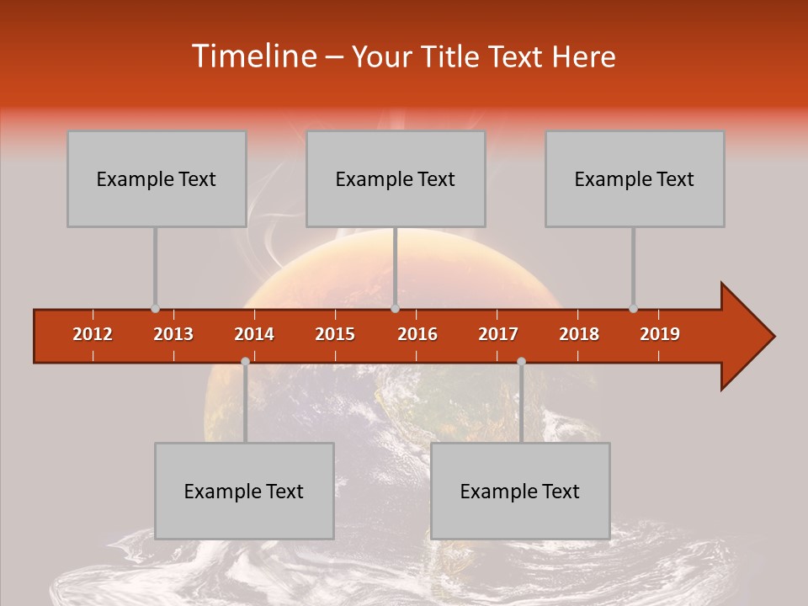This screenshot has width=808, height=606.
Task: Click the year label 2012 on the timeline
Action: [x=93, y=334]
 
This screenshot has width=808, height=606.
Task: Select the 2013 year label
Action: [x=173, y=334]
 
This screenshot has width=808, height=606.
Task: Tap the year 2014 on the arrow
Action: [x=254, y=334]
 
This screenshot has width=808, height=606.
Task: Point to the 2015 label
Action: [x=335, y=334]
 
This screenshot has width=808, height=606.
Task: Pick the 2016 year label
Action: [x=417, y=334]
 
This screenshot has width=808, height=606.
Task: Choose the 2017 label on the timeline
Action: [x=498, y=334]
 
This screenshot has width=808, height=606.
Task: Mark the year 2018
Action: [x=579, y=334]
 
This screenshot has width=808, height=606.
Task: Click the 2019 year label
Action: [x=660, y=334]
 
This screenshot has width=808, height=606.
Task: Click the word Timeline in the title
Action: [x=252, y=56]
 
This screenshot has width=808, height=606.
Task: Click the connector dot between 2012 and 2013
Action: [x=155, y=309]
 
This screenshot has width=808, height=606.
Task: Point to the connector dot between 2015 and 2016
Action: [x=395, y=309]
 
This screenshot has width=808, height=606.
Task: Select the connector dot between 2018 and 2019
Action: [x=633, y=309]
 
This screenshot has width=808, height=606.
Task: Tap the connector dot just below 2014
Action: [x=245, y=361]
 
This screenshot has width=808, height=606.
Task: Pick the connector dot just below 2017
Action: [x=521, y=361]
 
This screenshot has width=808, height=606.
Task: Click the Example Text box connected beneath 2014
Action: [x=244, y=491]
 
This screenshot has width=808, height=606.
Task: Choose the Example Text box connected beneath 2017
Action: [x=520, y=491]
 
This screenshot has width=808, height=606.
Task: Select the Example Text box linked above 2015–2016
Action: [x=396, y=178]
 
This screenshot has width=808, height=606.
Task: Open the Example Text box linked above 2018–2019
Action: [x=635, y=178]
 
